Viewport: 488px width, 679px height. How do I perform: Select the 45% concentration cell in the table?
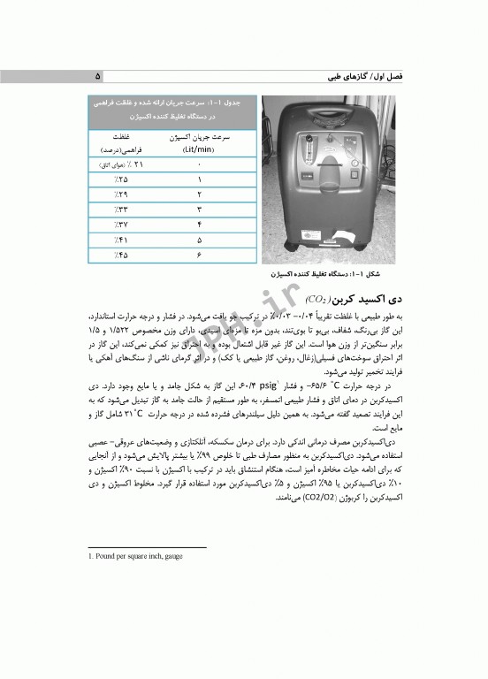click(x=121, y=256)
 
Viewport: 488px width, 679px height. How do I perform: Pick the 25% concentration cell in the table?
click(x=121, y=179)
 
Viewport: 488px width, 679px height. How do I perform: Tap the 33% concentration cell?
click(x=121, y=210)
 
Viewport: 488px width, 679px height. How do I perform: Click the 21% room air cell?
click(x=120, y=164)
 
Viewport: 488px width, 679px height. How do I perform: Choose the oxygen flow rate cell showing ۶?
click(x=199, y=256)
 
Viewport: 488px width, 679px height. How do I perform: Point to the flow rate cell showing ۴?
click(x=199, y=225)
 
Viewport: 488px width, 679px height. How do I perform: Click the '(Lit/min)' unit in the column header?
click(x=199, y=150)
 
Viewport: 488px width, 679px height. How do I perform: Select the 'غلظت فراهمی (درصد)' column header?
click(x=121, y=144)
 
